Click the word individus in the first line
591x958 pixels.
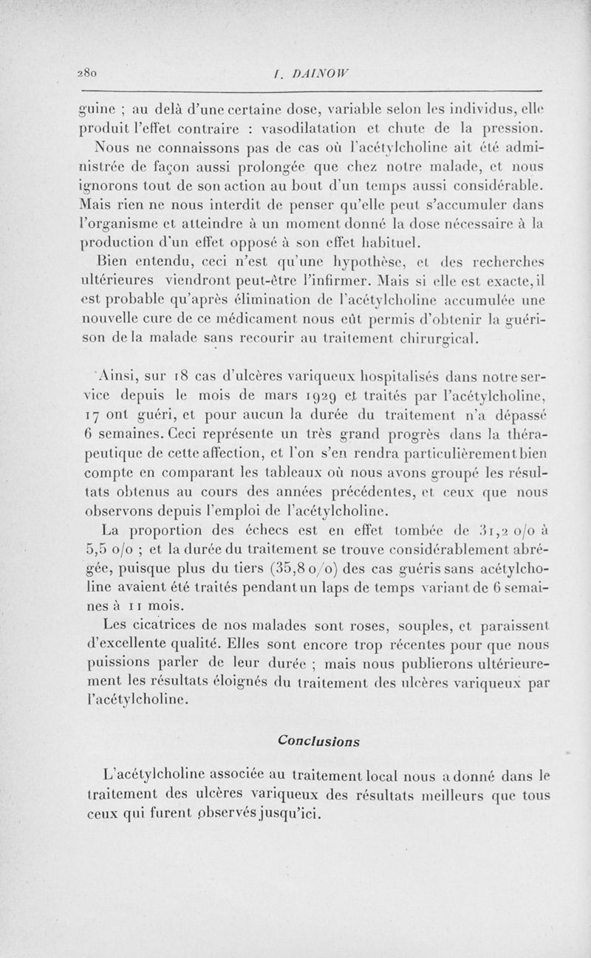pos(461,103)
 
